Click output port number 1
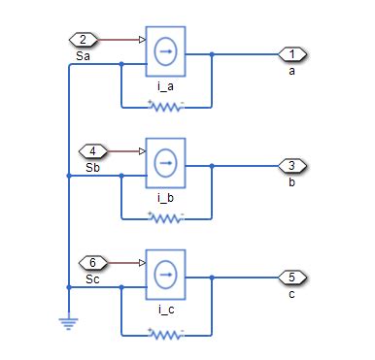pyautogui.click(x=292, y=53)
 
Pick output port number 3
pyautogui.click(x=292, y=165)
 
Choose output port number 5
pyautogui.click(x=292, y=277)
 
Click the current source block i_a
pyautogui.click(x=164, y=53)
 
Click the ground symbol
pyautogui.click(x=68, y=322)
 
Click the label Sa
pyautogui.click(x=83, y=57)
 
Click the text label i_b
pyautogui.click(x=165, y=198)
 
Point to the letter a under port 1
pyautogui.click(x=292, y=71)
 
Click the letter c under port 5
pyautogui.click(x=292, y=294)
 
